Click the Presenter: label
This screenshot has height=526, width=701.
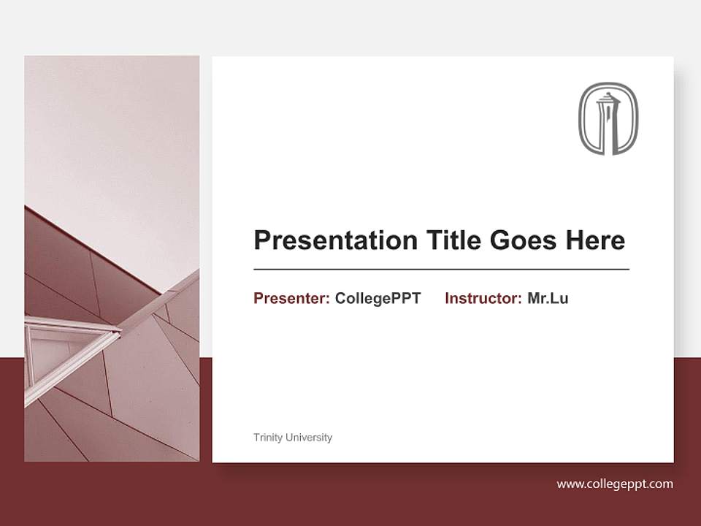pos(291,298)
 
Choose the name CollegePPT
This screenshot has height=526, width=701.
pos(378,298)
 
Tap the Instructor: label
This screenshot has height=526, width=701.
pos(483,298)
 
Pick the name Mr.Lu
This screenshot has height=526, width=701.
pos(548,298)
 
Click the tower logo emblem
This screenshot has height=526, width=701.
pos(608,118)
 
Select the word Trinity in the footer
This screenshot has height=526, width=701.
pos(267,438)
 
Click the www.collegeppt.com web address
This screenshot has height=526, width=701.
pos(615,484)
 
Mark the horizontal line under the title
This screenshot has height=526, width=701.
pos(441,270)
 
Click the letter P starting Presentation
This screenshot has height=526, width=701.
pos(261,240)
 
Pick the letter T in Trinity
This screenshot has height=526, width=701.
pos(256,438)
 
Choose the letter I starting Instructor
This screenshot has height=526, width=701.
pos(447,298)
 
